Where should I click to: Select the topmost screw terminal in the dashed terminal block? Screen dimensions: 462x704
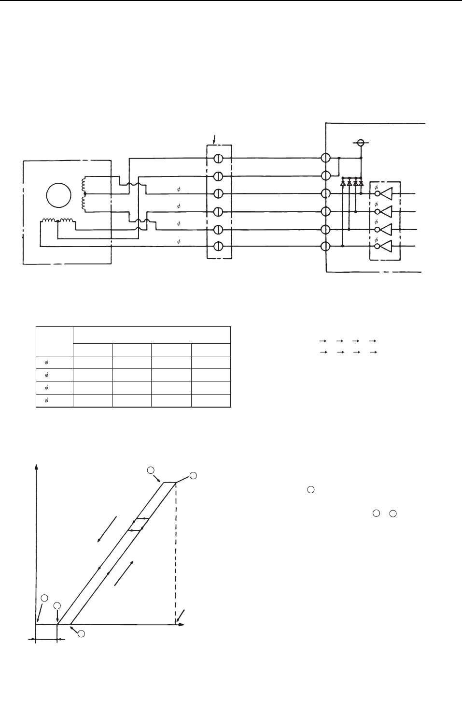[218, 158]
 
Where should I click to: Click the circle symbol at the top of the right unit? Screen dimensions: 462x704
[360, 143]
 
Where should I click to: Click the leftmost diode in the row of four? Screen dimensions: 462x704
[343, 183]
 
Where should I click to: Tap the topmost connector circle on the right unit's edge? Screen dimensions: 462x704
[326, 158]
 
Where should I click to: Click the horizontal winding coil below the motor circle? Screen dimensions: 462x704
[57, 221]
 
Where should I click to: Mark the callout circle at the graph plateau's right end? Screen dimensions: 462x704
[193, 476]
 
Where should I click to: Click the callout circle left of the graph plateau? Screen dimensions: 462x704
[151, 470]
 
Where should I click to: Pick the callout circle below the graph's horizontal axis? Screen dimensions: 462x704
[81, 633]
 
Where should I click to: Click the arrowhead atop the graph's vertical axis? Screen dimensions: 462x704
[36, 467]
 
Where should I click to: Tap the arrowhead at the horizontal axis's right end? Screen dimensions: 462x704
[182, 625]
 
